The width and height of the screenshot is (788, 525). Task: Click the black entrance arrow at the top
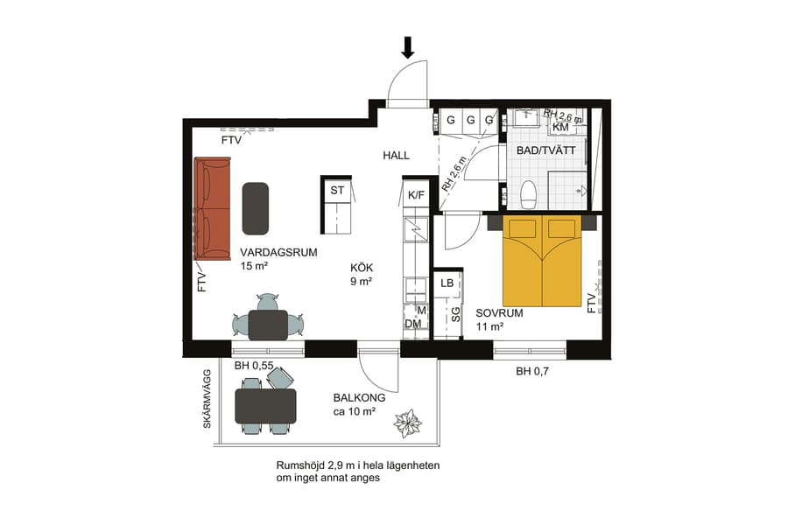[x=408, y=46]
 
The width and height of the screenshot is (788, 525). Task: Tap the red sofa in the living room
[x=212, y=209]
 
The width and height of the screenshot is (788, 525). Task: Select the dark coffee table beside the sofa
[x=255, y=208]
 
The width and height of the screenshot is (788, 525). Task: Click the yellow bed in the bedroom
[x=542, y=262]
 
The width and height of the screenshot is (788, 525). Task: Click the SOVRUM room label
[x=499, y=312]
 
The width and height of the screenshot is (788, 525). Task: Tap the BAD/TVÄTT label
[x=545, y=150]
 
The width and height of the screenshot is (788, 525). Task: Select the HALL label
[x=396, y=156]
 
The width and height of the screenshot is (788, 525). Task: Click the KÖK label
[x=362, y=268]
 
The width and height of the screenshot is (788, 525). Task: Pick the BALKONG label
[x=359, y=397]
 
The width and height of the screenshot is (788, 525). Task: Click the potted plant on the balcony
[x=408, y=424]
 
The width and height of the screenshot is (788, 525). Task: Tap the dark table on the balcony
[x=265, y=405]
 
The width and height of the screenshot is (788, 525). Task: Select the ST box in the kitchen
[x=337, y=190]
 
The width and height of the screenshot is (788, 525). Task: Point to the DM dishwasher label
[x=413, y=324]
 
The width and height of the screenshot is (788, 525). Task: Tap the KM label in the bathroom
[x=560, y=128]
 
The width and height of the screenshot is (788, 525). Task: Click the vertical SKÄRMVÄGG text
[x=208, y=397]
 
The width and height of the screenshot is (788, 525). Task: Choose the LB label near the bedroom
[x=447, y=282]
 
